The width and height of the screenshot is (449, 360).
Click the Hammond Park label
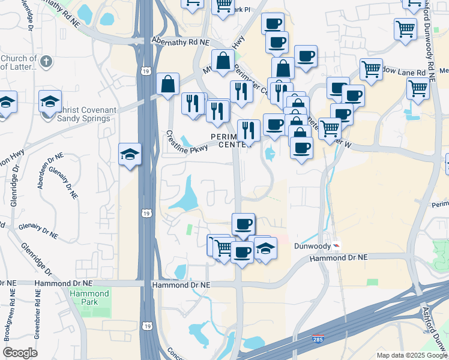pyautogui.click(x=89, y=298)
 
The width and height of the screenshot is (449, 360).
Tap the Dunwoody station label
pyautogui.click(x=312, y=246)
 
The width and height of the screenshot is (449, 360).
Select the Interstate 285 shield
pyautogui.click(x=318, y=340)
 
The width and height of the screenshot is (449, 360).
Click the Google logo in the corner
pyautogui.click(x=20, y=353)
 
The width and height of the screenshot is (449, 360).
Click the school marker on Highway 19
pyautogui.click(x=130, y=155)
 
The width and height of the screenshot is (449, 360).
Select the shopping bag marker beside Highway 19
pyautogui.click(x=169, y=84)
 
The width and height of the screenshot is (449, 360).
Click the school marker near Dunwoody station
pyautogui.click(x=265, y=247)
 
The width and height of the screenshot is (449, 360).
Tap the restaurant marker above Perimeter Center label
pyautogui.click(x=248, y=130)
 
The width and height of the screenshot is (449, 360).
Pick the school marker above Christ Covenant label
pyautogui.click(x=50, y=101)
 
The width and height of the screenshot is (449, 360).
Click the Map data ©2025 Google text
pyautogui.click(x=412, y=355)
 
